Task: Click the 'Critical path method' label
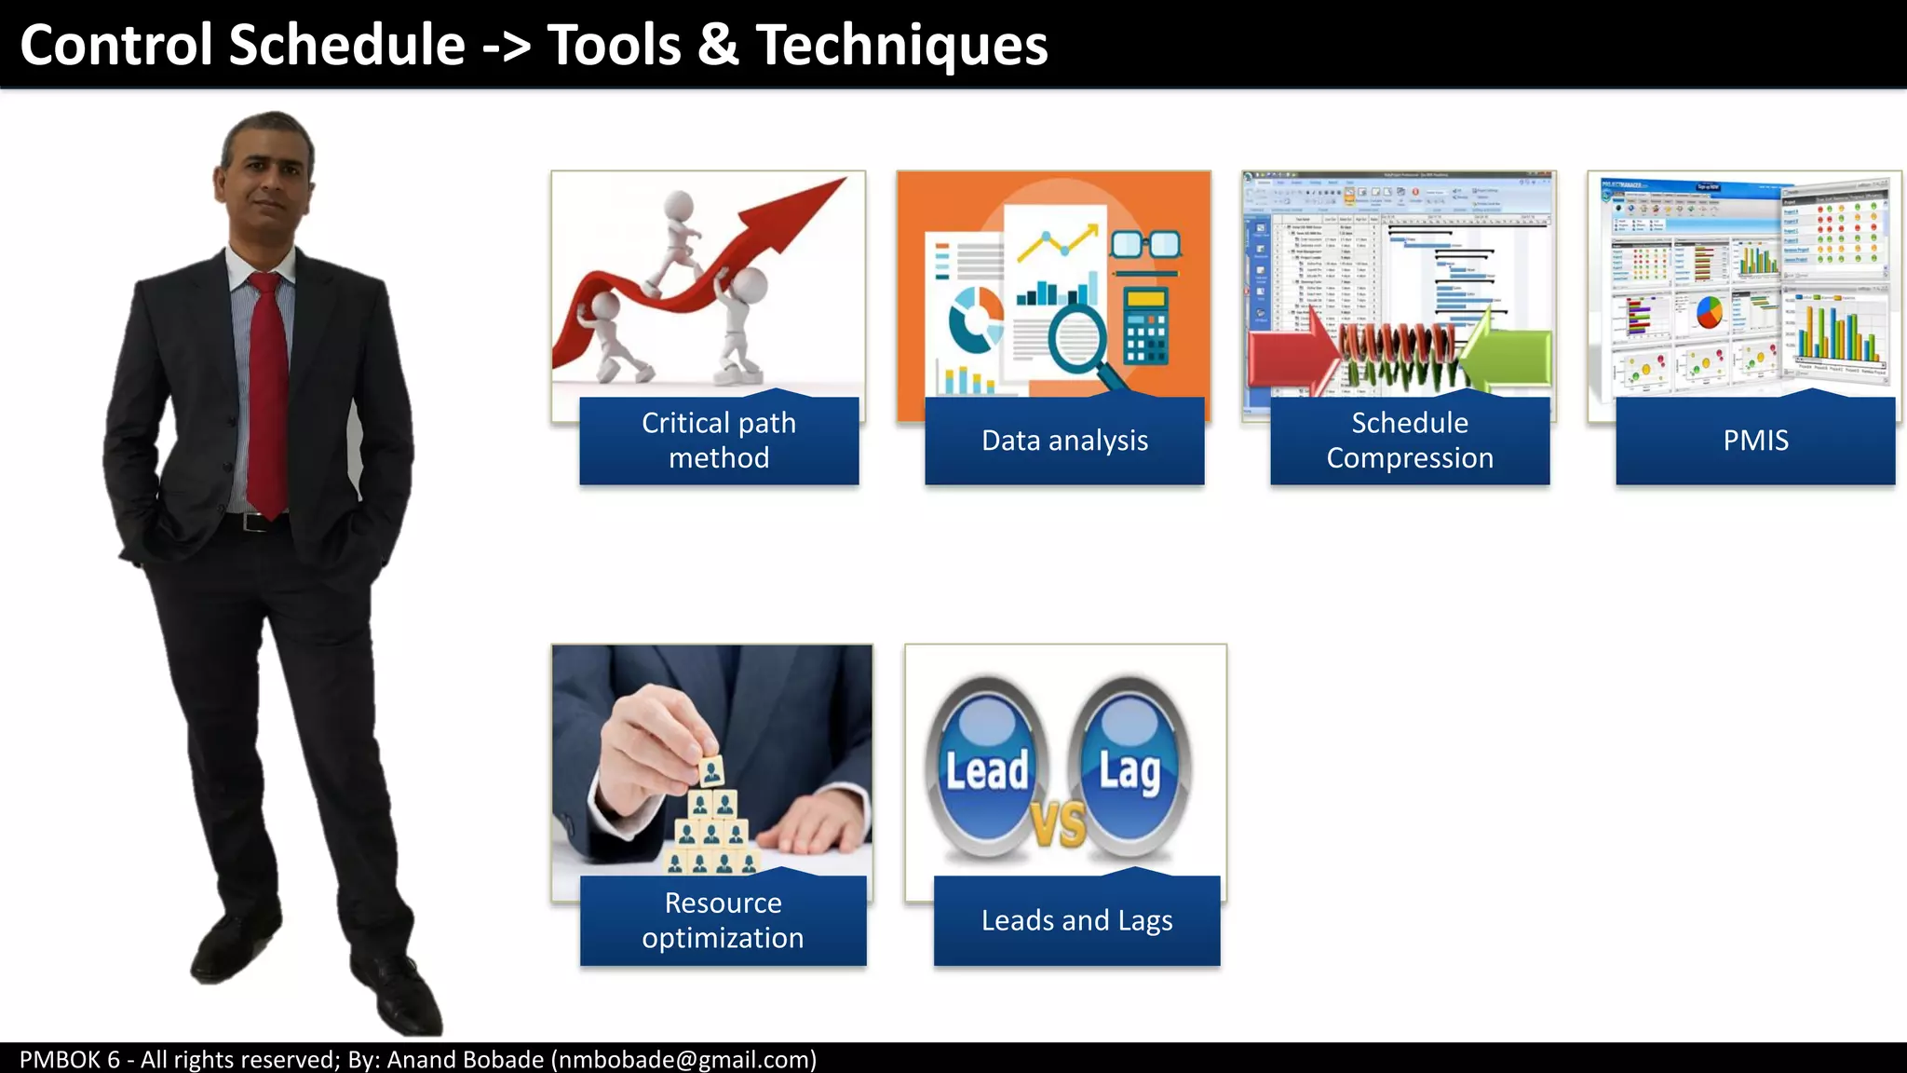pyautogui.click(x=719, y=441)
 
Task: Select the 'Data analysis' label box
pyautogui.click(x=1064, y=441)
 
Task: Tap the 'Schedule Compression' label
pyautogui.click(x=1410, y=441)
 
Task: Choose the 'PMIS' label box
pyautogui.click(x=1755, y=441)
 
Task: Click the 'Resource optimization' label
pyautogui.click(x=723, y=920)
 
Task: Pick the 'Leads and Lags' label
pyautogui.click(x=1076, y=920)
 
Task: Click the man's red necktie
pyautogui.click(x=268, y=391)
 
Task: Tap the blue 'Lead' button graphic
pyautogui.click(x=987, y=768)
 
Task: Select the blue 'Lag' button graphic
pyautogui.click(x=1129, y=768)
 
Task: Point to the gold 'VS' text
pyautogui.click(x=1059, y=824)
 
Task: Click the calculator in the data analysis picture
pyautogui.click(x=1146, y=326)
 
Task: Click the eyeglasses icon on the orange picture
pyautogui.click(x=1145, y=245)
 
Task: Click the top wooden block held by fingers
pyautogui.click(x=711, y=772)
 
